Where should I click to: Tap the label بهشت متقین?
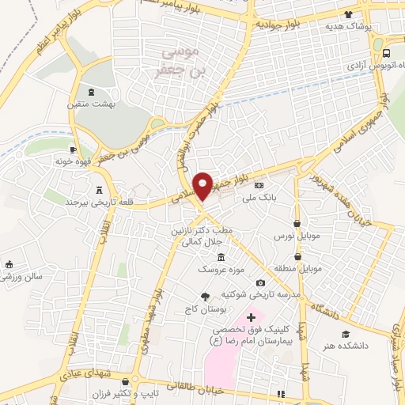click(x=103, y=104)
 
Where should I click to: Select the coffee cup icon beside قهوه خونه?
click(x=74, y=150)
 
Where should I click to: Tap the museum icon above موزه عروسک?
click(x=221, y=258)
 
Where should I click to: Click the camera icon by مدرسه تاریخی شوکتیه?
click(x=260, y=283)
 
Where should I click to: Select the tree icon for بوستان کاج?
click(x=206, y=297)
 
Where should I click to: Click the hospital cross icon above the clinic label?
click(x=251, y=317)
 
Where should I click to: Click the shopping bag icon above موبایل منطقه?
click(x=297, y=256)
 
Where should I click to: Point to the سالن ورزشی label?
click(x=22, y=278)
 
